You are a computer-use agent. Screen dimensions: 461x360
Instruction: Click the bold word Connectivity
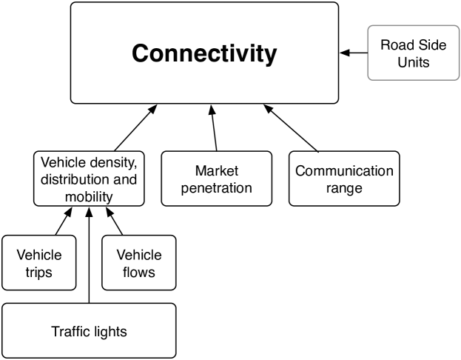coord(204,53)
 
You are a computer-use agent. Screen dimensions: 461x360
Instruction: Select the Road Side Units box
coord(414,53)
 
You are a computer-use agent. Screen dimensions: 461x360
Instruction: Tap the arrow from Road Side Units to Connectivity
coord(354,53)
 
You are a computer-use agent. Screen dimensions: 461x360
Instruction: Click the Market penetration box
coord(217,179)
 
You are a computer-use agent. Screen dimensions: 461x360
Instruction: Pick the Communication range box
coord(344,179)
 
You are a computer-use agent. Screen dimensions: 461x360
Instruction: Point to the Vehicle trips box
coord(39,262)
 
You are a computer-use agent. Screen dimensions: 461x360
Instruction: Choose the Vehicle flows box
coord(139,262)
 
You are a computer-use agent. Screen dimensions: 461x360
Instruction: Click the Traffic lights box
coord(89,331)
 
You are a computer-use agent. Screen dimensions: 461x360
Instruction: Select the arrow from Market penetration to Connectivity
coord(214,127)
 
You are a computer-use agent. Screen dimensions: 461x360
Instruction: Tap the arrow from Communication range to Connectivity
coord(291,128)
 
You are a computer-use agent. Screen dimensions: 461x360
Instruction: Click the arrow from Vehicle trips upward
coord(64,221)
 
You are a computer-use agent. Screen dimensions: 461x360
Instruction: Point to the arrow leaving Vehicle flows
coord(114,221)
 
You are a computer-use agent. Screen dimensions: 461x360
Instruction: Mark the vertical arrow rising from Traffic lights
coord(89,256)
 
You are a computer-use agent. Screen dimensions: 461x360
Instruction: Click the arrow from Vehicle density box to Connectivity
coord(136,127)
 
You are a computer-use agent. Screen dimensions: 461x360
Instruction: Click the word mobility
coord(89,197)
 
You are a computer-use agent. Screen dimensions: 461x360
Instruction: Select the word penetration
coord(217,188)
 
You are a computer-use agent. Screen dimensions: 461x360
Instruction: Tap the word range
coord(344,188)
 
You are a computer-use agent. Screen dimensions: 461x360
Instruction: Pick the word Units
coord(414,62)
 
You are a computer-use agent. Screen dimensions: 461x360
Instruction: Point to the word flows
coord(139,272)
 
